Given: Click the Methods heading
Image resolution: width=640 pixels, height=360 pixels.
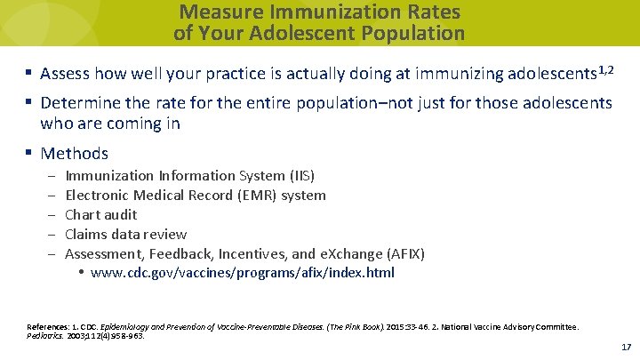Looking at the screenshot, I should (75, 154).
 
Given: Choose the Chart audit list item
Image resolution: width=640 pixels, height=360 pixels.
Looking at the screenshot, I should (101, 215).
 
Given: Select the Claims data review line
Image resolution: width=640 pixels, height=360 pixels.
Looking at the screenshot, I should (126, 235).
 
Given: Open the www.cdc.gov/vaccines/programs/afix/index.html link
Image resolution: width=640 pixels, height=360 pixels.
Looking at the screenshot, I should (243, 273).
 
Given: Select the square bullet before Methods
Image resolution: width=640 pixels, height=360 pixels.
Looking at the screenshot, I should (29, 154).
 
